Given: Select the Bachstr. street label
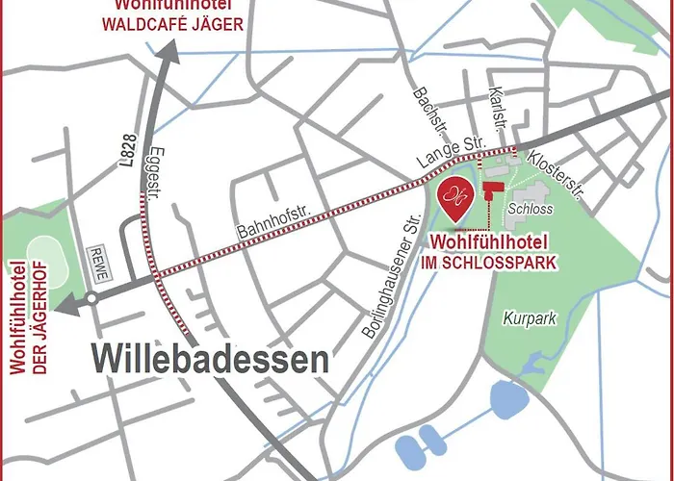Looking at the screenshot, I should click(x=422, y=106).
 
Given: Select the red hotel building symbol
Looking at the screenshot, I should click(x=495, y=189).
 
